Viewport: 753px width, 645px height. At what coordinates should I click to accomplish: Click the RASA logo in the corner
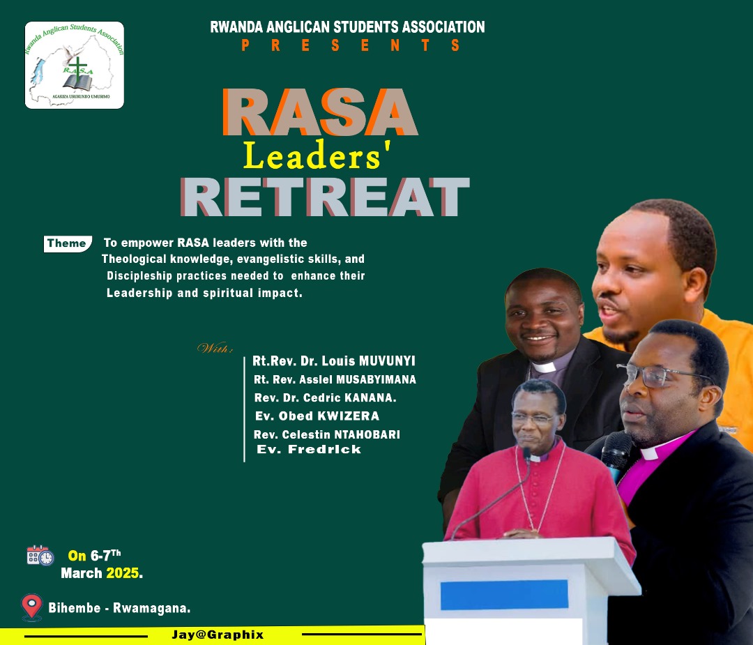point(75,65)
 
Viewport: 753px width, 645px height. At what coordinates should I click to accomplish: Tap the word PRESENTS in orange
point(351,46)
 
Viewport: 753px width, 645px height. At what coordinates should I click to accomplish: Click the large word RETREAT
point(325,197)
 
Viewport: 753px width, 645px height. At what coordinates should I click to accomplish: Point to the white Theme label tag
point(67,243)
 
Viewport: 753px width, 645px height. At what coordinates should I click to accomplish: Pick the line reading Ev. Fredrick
point(309,450)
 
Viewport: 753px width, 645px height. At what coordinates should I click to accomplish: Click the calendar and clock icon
point(40,556)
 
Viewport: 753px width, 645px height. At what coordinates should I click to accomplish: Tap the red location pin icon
point(32,607)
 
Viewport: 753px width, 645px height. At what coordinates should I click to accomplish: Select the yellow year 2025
point(123,573)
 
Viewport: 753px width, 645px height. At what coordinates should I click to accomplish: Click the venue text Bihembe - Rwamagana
point(119,608)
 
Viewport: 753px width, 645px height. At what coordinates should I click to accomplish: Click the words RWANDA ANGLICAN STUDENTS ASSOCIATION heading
point(347,27)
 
